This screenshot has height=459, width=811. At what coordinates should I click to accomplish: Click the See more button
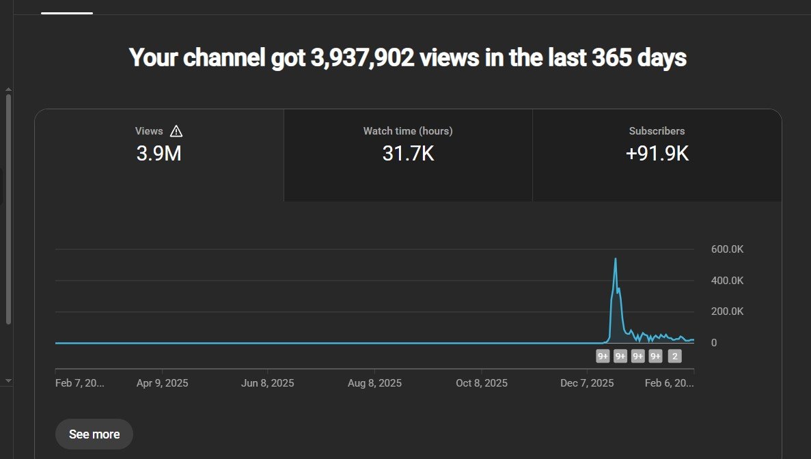coord(94,434)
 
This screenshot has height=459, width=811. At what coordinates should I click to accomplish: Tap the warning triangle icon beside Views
coord(176,131)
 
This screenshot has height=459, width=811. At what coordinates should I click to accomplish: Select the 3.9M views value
coord(159,154)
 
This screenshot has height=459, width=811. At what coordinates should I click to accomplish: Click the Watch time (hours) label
coord(408,131)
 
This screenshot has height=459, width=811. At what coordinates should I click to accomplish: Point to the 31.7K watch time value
coord(408,154)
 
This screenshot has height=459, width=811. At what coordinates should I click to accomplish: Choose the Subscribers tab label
coord(657,131)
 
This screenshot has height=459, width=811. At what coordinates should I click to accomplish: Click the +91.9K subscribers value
coord(657,154)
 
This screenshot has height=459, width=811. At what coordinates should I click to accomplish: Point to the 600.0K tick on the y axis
coord(727,249)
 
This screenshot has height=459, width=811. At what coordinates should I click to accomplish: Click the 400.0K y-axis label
coord(727,281)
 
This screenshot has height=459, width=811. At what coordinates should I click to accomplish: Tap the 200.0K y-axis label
coord(727,311)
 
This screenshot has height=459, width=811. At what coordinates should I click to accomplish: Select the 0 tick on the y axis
coord(714,343)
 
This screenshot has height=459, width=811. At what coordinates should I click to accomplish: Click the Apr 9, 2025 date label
coord(162,383)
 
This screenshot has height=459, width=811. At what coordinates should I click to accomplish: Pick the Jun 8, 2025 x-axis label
coord(268,383)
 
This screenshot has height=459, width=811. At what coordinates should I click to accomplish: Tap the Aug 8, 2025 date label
coord(374,383)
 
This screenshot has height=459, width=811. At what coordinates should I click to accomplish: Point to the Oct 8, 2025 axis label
coord(482,383)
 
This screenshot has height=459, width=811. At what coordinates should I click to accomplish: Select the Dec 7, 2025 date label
coord(587,383)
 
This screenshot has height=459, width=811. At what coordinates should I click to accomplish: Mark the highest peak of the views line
coord(616,259)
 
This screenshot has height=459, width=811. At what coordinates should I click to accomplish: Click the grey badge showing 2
coord(674,356)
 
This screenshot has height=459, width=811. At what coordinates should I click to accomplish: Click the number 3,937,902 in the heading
coord(362,58)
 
